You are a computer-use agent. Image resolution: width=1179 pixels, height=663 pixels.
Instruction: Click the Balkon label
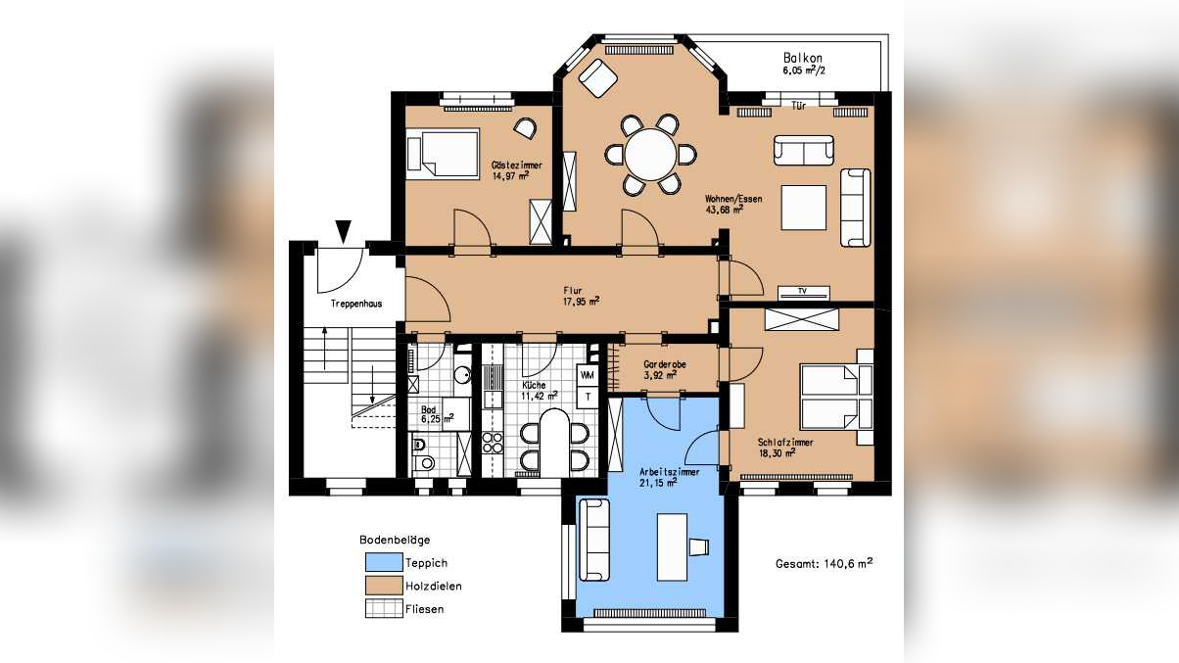[803, 58]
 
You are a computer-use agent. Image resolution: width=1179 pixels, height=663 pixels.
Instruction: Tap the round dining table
[650, 154]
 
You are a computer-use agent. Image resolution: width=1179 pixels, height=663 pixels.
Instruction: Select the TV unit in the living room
[804, 293]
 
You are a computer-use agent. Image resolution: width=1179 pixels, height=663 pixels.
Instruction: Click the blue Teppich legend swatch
[384, 562]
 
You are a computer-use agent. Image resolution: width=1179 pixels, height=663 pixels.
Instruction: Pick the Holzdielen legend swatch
[384, 585]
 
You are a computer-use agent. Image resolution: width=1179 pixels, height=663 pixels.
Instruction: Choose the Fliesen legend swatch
[384, 608]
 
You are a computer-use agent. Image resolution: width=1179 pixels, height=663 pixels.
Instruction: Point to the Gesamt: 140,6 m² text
[825, 563]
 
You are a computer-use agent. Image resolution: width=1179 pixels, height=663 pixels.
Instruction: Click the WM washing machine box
[588, 375]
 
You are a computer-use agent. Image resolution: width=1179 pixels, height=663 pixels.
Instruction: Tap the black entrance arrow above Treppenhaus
[344, 231]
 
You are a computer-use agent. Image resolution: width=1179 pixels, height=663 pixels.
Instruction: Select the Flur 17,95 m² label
[581, 296]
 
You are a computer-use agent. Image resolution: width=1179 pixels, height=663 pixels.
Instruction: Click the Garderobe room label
[664, 364]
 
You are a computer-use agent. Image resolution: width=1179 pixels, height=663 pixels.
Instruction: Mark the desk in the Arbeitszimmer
[672, 547]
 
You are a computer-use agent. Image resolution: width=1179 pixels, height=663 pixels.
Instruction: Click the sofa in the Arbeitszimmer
[594, 540]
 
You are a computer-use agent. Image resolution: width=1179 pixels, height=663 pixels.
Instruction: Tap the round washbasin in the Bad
[462, 375]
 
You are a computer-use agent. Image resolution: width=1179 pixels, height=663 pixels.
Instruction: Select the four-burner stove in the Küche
[493, 443]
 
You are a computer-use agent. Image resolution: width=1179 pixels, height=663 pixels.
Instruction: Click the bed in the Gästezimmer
[444, 154]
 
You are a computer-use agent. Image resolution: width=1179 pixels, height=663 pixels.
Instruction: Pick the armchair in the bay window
[598, 78]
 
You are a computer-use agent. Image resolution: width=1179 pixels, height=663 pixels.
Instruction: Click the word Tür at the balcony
[798, 106]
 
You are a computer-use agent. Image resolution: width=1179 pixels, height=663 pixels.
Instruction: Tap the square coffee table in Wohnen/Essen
[804, 208]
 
